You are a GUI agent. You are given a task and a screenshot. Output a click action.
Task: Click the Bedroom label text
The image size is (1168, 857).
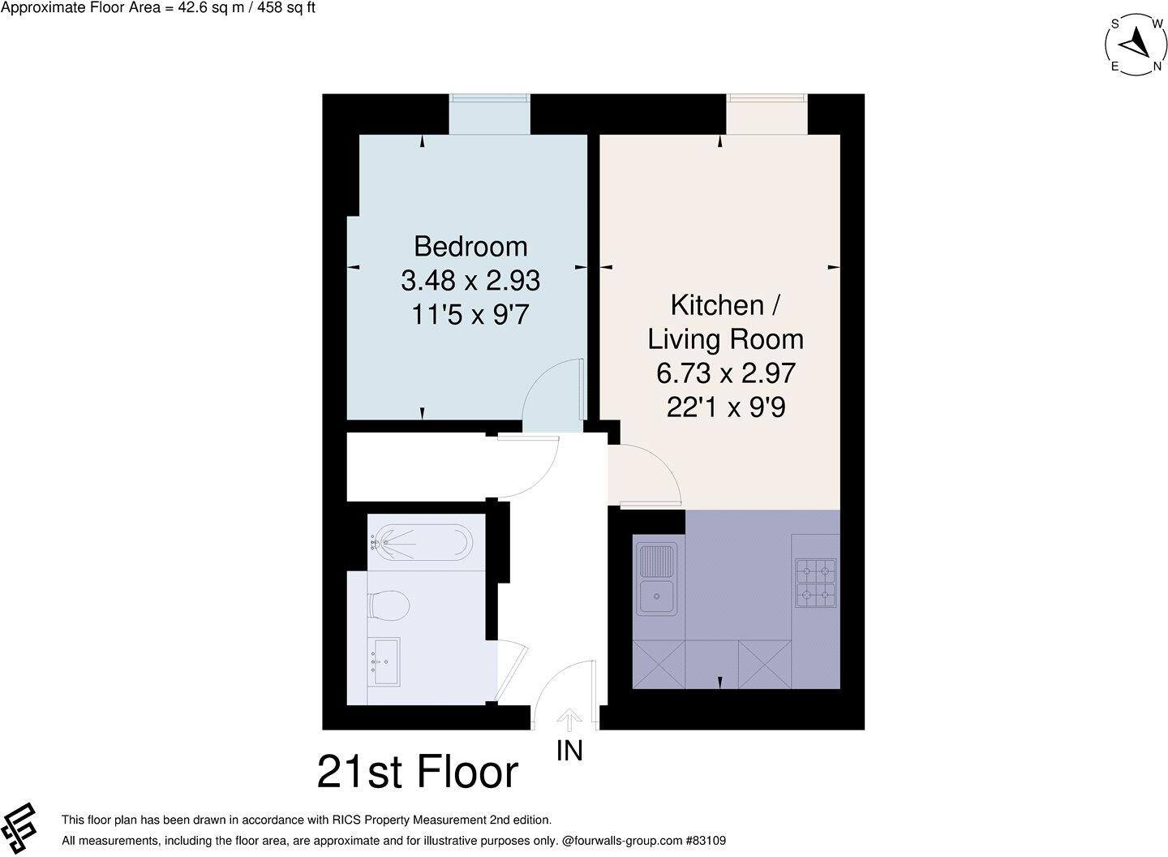coord(470,246)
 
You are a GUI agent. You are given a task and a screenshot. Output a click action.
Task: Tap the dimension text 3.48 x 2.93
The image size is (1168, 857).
coord(470,281)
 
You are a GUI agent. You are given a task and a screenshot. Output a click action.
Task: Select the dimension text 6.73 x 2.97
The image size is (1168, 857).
coord(725,373)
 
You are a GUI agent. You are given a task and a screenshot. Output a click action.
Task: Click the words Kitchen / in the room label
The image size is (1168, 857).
coord(725,305)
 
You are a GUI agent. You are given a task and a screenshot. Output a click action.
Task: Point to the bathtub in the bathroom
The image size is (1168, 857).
coord(423,540)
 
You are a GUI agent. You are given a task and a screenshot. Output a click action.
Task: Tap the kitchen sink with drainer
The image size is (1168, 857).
coord(657,579)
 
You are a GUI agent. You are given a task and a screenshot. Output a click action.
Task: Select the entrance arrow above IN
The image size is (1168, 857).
coord(569,720)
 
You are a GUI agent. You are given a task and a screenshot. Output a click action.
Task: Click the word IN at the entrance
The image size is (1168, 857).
coord(569,751)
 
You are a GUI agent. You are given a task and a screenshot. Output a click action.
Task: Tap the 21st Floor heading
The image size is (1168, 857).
coord(417,772)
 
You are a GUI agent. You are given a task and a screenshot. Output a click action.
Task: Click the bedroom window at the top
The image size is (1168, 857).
coord(490,114)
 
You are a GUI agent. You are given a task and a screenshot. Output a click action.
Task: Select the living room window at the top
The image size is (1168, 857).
coord(766,114)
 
